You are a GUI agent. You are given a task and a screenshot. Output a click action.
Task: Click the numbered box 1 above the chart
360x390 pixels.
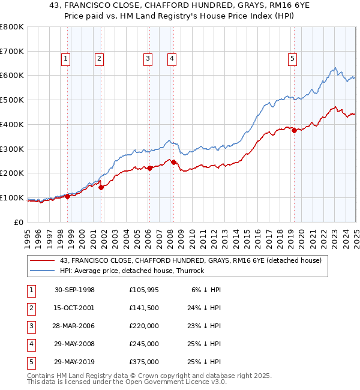[65, 58]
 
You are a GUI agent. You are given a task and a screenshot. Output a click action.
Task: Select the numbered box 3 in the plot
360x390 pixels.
[148, 58]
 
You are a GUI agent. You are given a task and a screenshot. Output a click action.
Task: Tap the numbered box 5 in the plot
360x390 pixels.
[292, 58]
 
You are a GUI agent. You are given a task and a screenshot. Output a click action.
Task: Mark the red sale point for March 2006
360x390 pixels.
[150, 168]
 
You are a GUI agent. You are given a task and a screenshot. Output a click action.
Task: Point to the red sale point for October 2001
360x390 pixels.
[101, 187]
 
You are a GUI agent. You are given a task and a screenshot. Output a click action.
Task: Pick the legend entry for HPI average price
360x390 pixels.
[132, 271]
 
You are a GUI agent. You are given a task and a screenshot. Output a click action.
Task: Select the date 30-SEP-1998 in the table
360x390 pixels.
[74, 289]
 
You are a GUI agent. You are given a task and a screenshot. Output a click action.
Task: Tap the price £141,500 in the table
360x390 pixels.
[144, 307]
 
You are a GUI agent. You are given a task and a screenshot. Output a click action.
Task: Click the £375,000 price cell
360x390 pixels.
[144, 361]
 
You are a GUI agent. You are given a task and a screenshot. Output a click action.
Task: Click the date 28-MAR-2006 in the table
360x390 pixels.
[74, 325]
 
